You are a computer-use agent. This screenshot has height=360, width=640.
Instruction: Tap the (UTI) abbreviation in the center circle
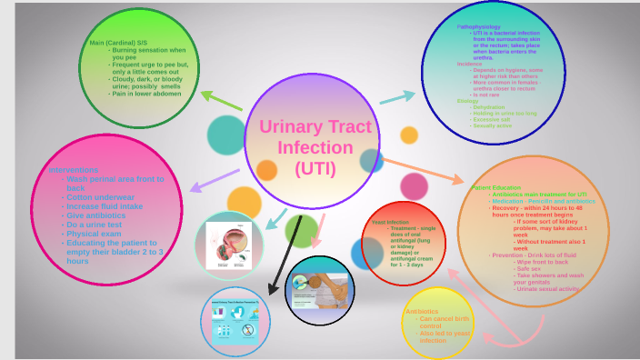point(315,168)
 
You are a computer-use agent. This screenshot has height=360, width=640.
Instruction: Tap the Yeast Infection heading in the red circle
point(390,222)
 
